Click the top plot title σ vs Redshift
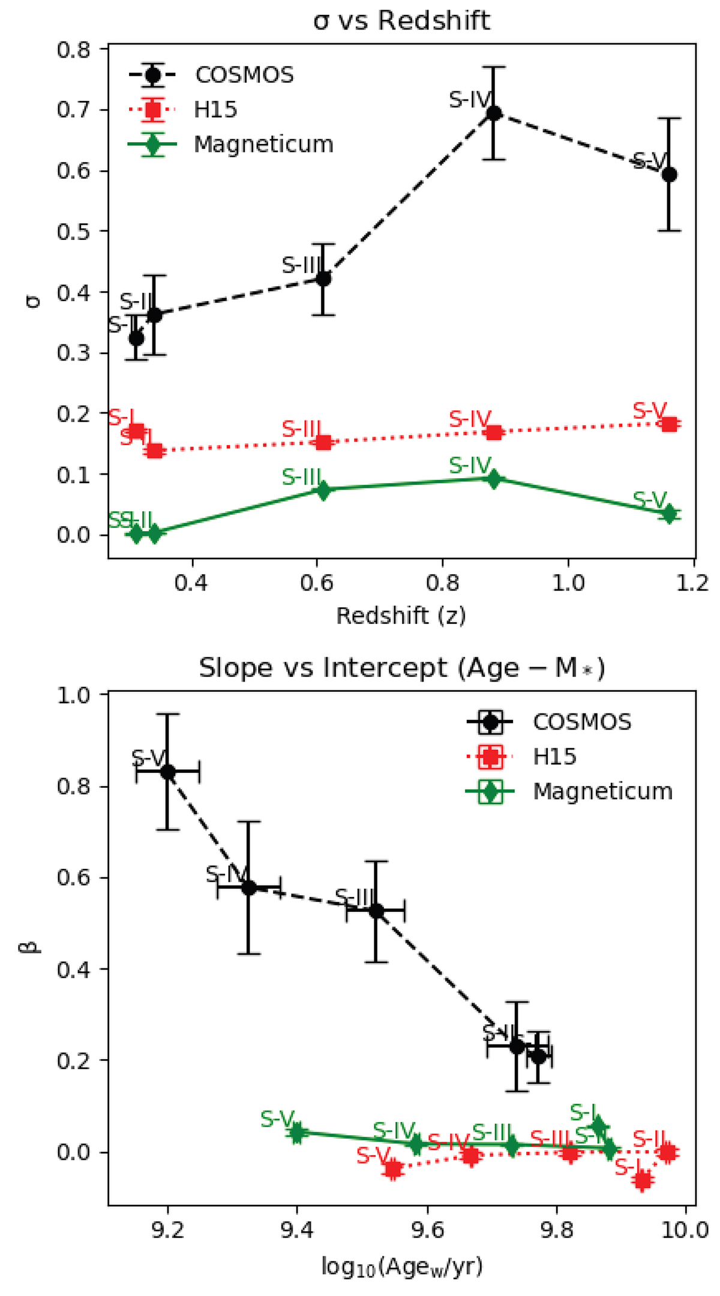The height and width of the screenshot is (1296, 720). (x=401, y=22)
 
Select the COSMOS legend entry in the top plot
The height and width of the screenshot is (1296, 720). (x=244, y=75)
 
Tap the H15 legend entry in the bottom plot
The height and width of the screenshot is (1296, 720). (x=554, y=757)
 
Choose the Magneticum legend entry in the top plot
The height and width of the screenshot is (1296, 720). (x=263, y=145)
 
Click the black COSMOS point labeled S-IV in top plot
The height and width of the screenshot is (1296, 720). (x=493, y=113)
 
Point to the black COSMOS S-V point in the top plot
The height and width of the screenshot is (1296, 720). (x=669, y=175)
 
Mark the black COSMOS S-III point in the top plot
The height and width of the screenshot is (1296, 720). (x=323, y=278)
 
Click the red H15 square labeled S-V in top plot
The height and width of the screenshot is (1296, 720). (x=669, y=424)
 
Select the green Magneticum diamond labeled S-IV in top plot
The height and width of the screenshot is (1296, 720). (x=493, y=479)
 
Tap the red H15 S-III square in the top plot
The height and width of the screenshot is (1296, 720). (x=323, y=442)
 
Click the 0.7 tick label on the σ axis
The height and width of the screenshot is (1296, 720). (x=73, y=110)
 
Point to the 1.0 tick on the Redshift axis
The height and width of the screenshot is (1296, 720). (x=568, y=583)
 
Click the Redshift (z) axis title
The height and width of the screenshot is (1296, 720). (x=401, y=616)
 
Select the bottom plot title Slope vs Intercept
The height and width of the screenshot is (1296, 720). (x=401, y=668)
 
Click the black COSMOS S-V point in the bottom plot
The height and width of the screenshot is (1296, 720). (x=168, y=772)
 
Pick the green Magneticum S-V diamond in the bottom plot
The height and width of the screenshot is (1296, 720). (x=296, y=1133)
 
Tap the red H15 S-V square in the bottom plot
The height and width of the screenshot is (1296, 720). (x=392, y=1169)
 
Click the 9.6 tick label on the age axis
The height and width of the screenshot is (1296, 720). (x=427, y=1228)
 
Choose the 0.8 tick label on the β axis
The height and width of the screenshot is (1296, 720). (x=73, y=787)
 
